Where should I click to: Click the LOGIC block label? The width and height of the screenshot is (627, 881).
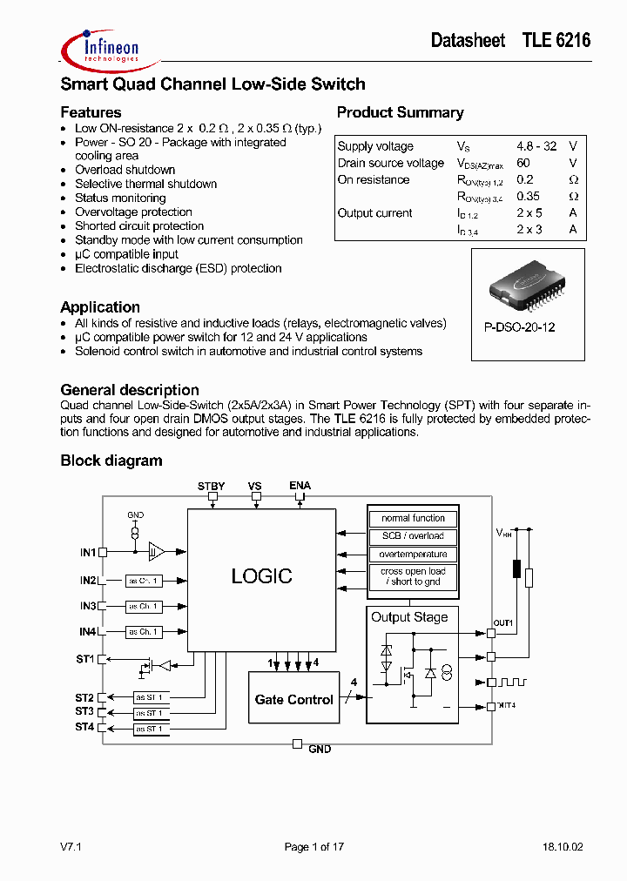[x=261, y=575]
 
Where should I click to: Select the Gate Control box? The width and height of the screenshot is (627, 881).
[x=293, y=699]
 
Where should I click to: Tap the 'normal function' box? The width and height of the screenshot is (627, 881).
[x=413, y=518]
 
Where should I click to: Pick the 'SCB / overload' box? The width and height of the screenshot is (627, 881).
[x=413, y=536]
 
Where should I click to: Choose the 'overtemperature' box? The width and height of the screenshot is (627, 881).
[x=413, y=554]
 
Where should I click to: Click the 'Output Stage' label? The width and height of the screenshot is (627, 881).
[x=409, y=617]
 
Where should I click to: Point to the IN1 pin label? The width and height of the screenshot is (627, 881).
[x=87, y=552]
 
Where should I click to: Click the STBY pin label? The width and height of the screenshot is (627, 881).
[x=211, y=486]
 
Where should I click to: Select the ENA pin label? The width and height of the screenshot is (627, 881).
[x=300, y=486]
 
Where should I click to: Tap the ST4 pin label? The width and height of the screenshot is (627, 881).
[x=84, y=727]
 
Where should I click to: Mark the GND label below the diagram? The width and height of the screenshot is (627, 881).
[x=320, y=749]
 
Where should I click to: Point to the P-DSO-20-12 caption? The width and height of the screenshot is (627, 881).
[x=520, y=327]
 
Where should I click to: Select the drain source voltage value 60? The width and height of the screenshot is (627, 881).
[x=523, y=163]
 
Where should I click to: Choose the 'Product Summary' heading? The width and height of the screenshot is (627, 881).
[x=400, y=112]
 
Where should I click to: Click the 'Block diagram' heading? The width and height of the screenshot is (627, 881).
[x=111, y=461]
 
